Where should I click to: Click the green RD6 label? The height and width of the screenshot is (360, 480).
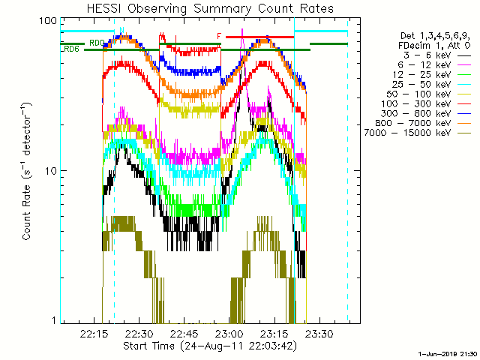click(x=72, y=49)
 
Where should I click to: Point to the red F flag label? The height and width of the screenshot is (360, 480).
click(x=219, y=36)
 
